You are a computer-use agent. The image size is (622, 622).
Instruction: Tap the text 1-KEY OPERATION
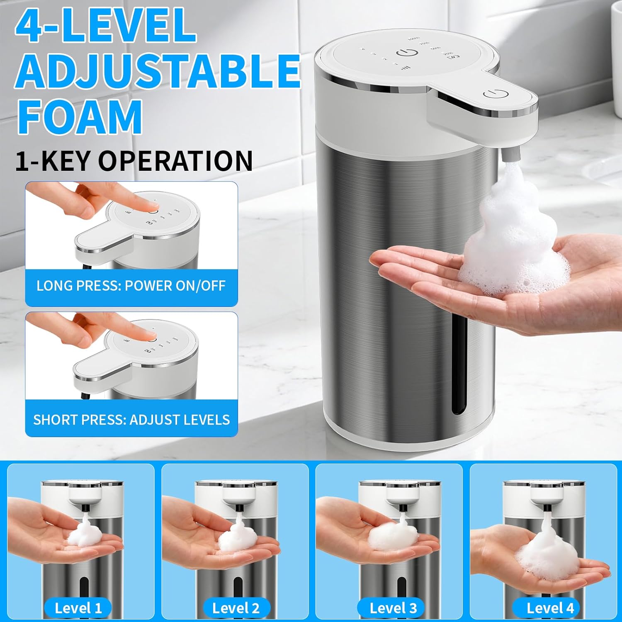point(134,161)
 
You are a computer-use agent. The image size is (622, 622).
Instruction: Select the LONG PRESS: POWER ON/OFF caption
point(131,286)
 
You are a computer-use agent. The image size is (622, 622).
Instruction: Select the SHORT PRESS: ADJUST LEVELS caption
point(131,420)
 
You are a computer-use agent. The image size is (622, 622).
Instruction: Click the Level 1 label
point(78,608)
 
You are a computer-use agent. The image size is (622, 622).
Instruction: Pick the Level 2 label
point(236,608)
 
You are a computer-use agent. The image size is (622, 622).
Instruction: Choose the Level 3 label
point(393,608)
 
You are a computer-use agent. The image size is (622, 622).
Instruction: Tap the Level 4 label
point(550,608)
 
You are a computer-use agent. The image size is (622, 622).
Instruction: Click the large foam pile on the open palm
point(514,245)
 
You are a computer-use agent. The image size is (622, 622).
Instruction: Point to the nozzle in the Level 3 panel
point(402,508)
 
